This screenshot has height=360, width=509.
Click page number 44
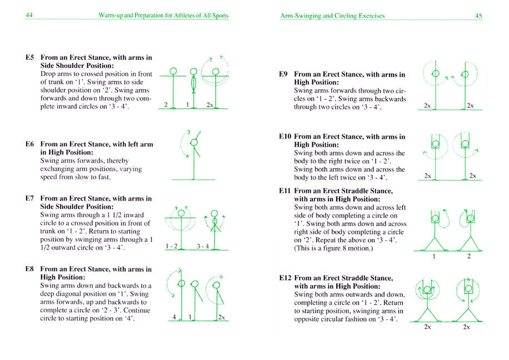pyautogui.click(x=29, y=16)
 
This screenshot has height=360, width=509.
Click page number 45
pyautogui.click(x=478, y=16)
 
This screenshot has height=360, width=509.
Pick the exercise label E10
pyautogui.click(x=285, y=136)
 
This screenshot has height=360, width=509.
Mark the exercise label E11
pyautogui.click(x=285, y=191)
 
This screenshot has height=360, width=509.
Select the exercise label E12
pyautogui.click(x=285, y=277)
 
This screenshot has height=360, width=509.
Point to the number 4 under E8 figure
pyautogui.click(x=174, y=317)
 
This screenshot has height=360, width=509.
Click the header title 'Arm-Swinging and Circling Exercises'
pyautogui.click(x=332, y=16)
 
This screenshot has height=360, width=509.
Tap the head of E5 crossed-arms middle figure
pyautogui.click(x=193, y=72)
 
